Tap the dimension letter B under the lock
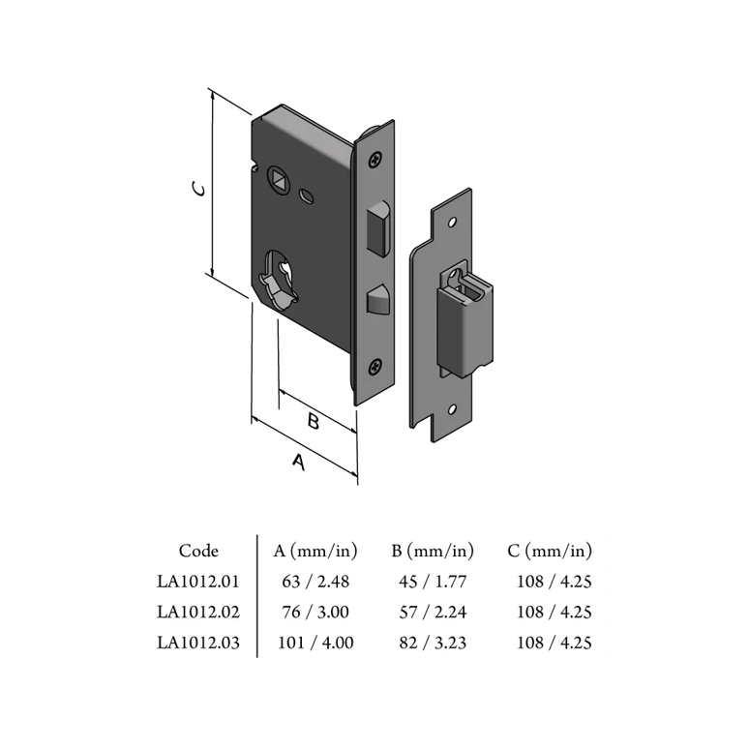pos(314,421)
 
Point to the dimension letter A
pos(299,462)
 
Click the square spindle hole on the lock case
pos(279,179)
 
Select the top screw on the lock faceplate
pos(376,159)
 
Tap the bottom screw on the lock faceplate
pos(375,368)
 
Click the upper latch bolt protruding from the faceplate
pos(377,229)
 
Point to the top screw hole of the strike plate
pos(452,223)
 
